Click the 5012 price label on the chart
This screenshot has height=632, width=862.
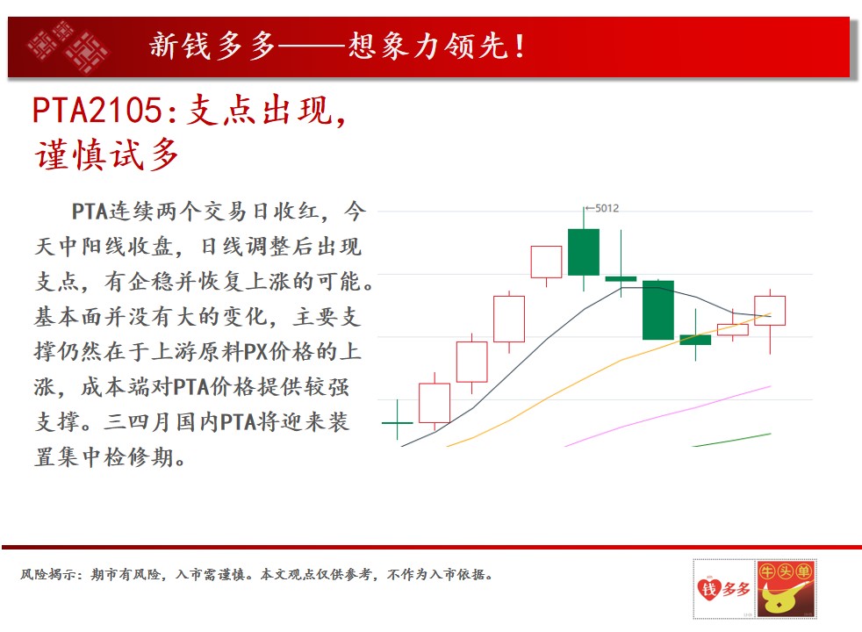607,208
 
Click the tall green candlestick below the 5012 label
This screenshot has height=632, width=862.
583,252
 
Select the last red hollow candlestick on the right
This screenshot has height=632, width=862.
770,311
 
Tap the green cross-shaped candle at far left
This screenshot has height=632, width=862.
397,422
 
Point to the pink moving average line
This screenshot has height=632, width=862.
668,416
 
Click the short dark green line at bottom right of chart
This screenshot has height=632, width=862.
732,440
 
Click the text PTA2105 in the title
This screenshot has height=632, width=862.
97,110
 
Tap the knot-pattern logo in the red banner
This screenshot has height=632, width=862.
68,47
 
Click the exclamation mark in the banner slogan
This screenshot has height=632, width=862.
520,47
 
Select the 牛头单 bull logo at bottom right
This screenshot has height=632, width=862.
787,589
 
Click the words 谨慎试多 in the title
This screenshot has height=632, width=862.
106,155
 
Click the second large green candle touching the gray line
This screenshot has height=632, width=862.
658,310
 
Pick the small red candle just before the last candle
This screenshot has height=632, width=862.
733,329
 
